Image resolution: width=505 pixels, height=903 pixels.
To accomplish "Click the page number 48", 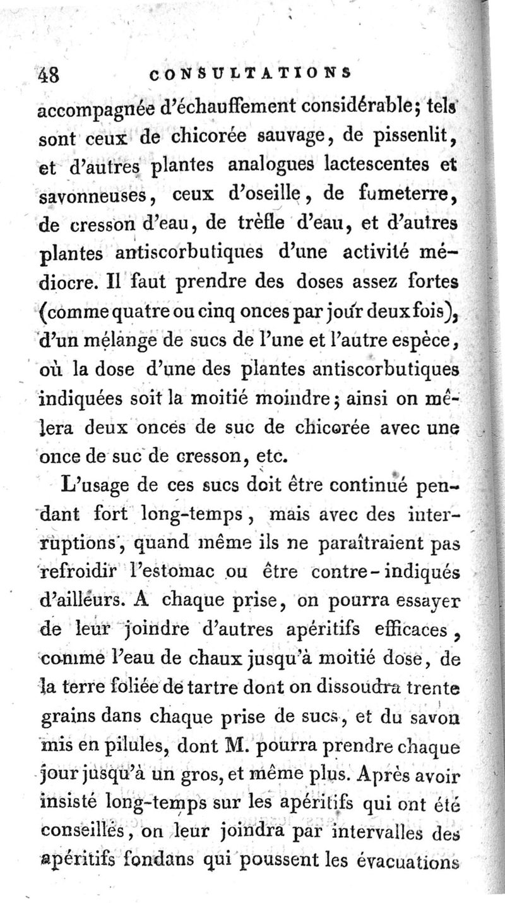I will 48,75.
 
